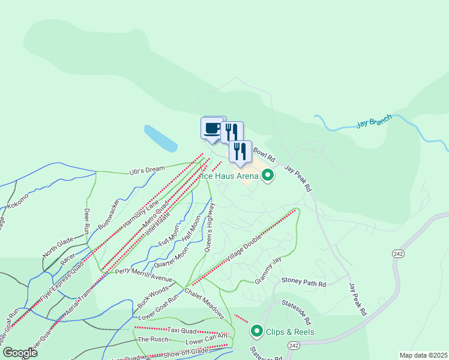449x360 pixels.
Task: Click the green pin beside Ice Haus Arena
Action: pos(268,176)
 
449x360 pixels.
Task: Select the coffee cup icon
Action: pos(212,128)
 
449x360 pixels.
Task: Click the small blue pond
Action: pos(160,138)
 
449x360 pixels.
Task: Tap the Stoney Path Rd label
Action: pos(304,282)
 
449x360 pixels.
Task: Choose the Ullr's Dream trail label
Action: pos(147,170)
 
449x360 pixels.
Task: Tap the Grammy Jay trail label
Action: pos(268,271)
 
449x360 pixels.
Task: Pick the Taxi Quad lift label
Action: pos(181,330)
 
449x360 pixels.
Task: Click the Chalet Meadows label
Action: pos(205,302)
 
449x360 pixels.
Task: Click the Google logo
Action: pos(20,352)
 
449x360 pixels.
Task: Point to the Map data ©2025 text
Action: pos(423,355)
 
